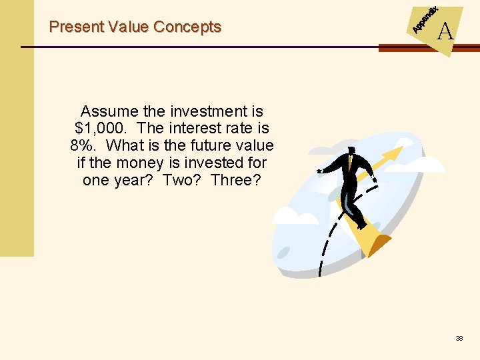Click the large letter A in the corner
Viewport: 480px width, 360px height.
pyautogui.click(x=445, y=31)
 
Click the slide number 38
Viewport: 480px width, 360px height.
pyautogui.click(x=459, y=339)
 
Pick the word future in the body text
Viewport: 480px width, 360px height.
pyautogui.click(x=205, y=145)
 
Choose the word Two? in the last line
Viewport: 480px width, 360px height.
pyautogui.click(x=184, y=180)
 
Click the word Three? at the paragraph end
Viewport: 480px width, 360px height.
pyautogui.click(x=238, y=180)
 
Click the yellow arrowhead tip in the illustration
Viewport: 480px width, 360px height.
pyautogui.click(x=399, y=151)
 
